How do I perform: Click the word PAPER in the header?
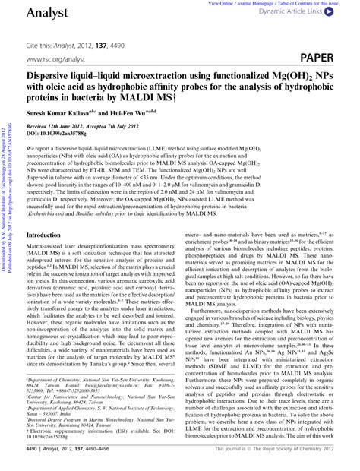[333, 57]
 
